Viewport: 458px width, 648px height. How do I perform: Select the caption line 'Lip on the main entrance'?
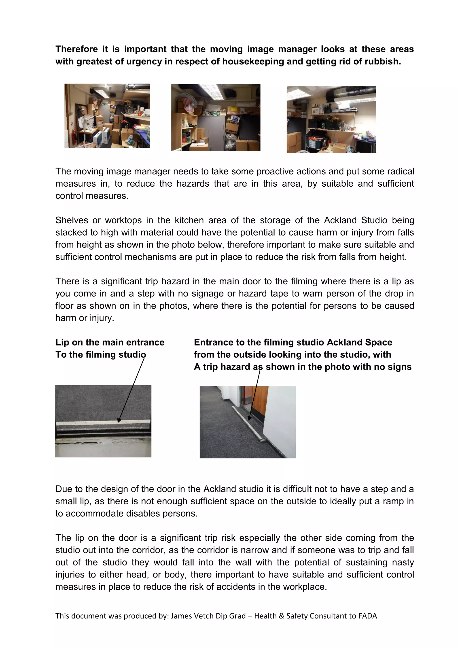(110, 342)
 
